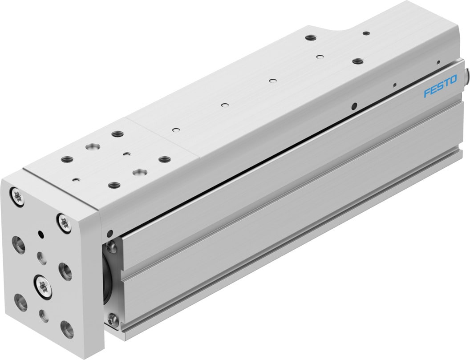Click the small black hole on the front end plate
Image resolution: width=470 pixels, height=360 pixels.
click(x=41, y=234)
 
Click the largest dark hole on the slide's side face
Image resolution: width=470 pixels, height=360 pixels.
click(x=354, y=106)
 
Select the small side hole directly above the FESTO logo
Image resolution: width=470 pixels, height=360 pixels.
click(x=438, y=62)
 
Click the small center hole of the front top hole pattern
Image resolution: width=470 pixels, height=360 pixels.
click(x=127, y=154)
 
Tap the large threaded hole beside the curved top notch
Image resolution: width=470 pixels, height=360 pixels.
click(x=357, y=61)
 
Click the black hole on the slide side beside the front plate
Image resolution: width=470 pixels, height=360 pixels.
click(x=110, y=233)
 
